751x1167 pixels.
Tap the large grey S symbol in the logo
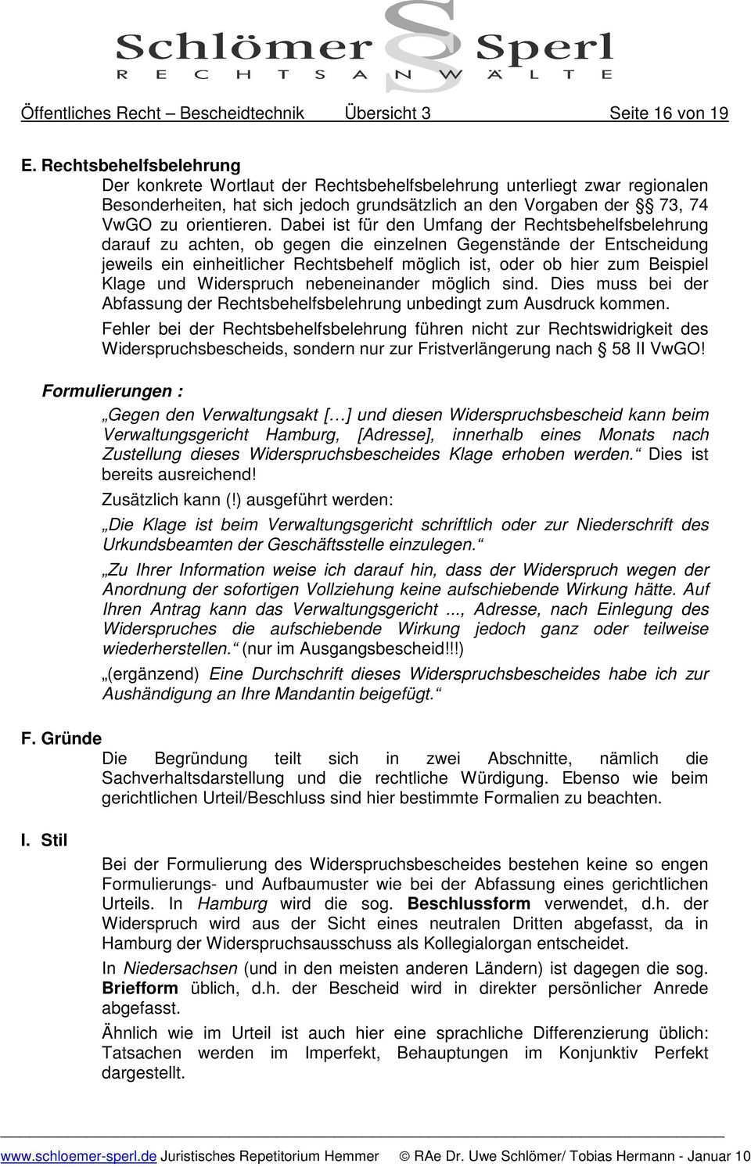[x=422, y=43]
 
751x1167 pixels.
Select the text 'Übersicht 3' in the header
[x=387, y=113]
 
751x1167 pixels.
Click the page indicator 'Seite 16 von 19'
[x=669, y=113]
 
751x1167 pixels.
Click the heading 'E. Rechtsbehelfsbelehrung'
[x=131, y=166]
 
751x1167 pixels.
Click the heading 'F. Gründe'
[x=61, y=738]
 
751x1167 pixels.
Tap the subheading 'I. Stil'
[x=45, y=840]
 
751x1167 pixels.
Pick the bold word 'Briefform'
[x=140, y=988]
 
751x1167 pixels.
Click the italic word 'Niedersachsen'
[x=181, y=968]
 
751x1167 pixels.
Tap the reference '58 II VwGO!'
[x=658, y=348]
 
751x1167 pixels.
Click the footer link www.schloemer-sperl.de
[x=78, y=1155]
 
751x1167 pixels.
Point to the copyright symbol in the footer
[x=404, y=1155]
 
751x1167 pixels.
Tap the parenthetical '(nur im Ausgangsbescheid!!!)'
[x=353, y=648]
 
